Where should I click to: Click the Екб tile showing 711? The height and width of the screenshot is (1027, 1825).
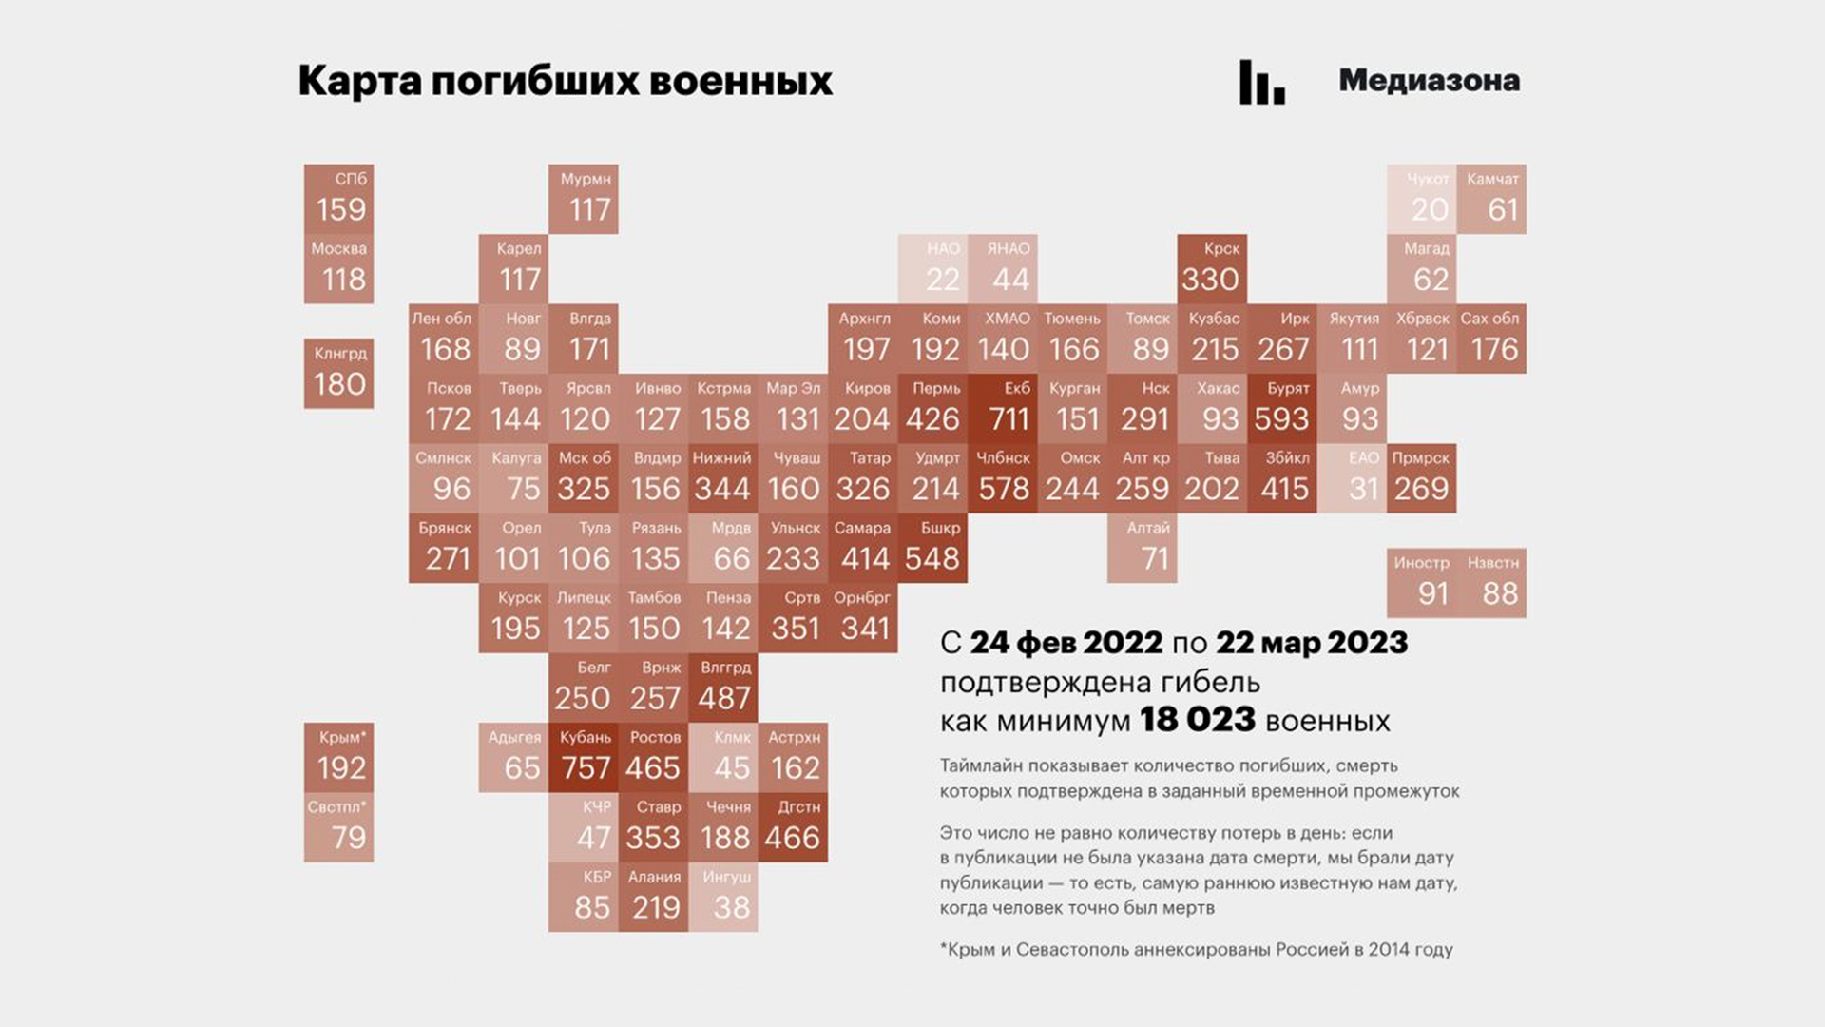coord(1003,408)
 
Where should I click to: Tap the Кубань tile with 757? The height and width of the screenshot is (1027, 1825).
coord(584,758)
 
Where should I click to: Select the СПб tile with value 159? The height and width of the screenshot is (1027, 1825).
coord(338,199)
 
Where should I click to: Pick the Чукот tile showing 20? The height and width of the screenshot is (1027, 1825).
coord(1421,199)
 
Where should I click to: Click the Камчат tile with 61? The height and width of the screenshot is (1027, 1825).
coord(1491,199)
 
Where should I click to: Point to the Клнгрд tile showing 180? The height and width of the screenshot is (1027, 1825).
coord(338,374)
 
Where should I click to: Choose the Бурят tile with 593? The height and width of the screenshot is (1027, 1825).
coord(1282,408)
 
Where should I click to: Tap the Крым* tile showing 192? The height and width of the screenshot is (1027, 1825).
coord(338,758)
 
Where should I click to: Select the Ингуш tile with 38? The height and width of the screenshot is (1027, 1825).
coord(723,897)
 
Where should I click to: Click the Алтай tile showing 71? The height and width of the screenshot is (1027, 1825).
coord(1143,548)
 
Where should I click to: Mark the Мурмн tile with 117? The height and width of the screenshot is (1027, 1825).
coord(584,199)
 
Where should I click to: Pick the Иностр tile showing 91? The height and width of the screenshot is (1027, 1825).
coord(1421,583)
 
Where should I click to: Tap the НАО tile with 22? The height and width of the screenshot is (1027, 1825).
coord(932,268)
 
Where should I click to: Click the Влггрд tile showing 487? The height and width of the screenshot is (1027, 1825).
coord(723,688)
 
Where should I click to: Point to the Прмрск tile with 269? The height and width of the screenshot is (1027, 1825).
coord(1421,478)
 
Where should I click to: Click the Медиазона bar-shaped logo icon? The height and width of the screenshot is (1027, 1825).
coord(1261,82)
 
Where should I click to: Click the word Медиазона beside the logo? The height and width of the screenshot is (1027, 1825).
coord(1429,81)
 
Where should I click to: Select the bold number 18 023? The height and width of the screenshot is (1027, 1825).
coord(1198,720)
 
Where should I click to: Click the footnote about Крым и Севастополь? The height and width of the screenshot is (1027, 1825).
coord(1196,949)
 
